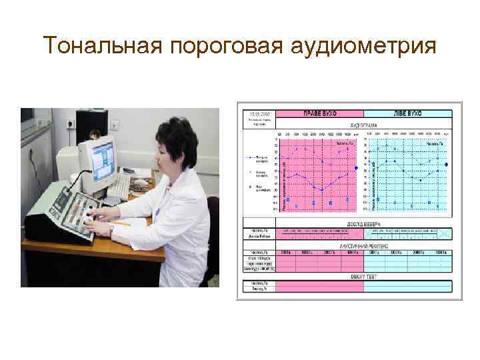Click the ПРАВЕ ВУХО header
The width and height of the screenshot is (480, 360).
(x=319, y=113)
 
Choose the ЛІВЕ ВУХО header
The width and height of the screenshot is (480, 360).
(x=408, y=113)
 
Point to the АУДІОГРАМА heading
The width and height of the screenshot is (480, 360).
(x=364, y=125)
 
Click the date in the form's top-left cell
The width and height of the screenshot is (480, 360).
(x=255, y=114)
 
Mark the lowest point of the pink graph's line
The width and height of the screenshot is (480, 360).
(x=322, y=191)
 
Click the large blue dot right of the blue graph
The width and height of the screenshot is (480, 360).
(x=446, y=164)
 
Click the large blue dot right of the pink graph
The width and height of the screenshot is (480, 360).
(x=357, y=169)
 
